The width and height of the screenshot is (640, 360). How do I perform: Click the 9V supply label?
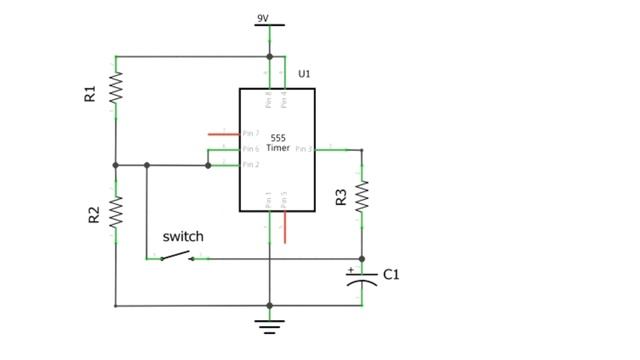pos(262,17)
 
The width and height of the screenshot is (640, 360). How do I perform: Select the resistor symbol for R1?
pos(116,88)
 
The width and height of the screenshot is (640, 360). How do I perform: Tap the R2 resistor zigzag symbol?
pos(116,211)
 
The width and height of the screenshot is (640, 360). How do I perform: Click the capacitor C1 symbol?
pos(362,277)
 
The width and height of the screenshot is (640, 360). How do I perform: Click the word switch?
pos(183,237)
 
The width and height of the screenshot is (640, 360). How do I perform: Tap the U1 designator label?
pos(305,75)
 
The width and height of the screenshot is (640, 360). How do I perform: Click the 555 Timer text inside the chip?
pos(279,142)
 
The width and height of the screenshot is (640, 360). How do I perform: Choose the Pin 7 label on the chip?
pos(251,133)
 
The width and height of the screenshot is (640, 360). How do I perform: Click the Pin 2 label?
pos(251,165)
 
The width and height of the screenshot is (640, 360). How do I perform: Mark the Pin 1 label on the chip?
pos(268,199)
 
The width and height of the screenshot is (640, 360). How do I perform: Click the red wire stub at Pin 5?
pos(285,227)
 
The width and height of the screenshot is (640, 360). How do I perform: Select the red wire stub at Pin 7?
pos(223,133)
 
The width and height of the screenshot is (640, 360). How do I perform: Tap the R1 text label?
pos(90,94)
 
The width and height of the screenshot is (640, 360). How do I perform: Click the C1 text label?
pos(391,274)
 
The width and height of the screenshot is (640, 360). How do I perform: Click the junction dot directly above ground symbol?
pos(269,306)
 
